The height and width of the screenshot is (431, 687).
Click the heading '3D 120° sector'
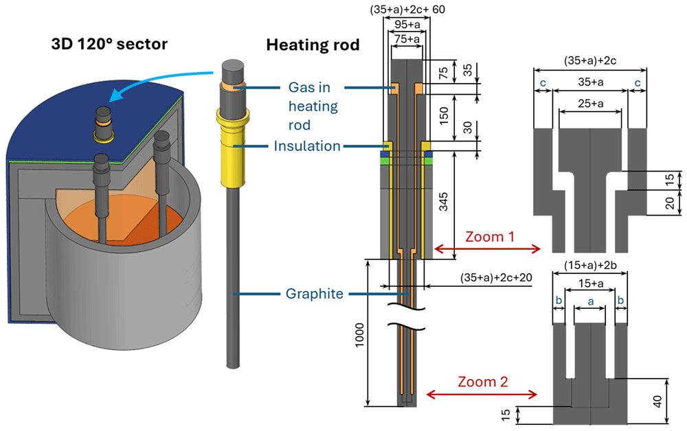109,44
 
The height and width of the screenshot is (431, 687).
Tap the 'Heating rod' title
313,45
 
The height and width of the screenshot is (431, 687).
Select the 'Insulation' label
307,145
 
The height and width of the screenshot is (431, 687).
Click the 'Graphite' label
314,293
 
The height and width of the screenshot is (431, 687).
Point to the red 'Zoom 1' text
490,237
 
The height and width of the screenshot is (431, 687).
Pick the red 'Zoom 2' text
483,382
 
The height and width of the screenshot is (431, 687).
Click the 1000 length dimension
360,335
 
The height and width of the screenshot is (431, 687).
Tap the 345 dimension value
443,202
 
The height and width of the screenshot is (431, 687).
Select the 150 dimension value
443,116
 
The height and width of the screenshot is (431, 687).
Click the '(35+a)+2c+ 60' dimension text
407,10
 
